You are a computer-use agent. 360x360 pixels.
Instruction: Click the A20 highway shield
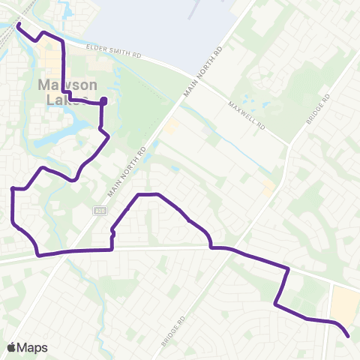(99, 211)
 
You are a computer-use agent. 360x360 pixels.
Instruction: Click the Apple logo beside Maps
(12, 347)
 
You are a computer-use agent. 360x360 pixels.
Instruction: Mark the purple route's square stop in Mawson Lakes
(103, 101)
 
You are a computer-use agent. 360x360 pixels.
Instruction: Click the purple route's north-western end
(17, 25)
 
